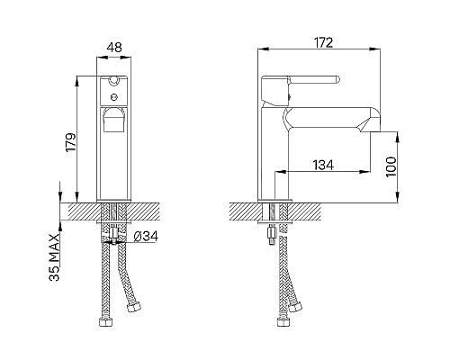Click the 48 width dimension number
[114, 48]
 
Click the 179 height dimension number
[71, 142]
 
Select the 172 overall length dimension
[324, 42]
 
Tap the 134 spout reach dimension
[323, 165]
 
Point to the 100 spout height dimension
[391, 166]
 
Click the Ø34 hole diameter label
[146, 237]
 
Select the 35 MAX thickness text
[54, 257]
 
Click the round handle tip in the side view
[337, 79]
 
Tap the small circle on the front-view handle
[113, 97]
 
